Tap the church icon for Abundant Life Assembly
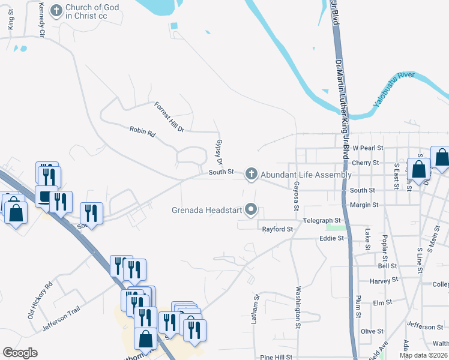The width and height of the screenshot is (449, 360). [x=251, y=175]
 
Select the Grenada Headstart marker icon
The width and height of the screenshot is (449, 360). [x=252, y=211]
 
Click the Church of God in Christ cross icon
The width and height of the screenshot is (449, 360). [x=56, y=11]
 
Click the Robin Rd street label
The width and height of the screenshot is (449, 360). [x=142, y=131]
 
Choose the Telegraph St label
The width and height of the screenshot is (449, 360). [x=322, y=221]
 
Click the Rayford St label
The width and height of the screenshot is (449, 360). [x=277, y=229]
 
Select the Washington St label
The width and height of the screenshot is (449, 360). [x=298, y=305]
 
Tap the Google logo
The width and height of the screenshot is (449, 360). [x=20, y=352]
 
